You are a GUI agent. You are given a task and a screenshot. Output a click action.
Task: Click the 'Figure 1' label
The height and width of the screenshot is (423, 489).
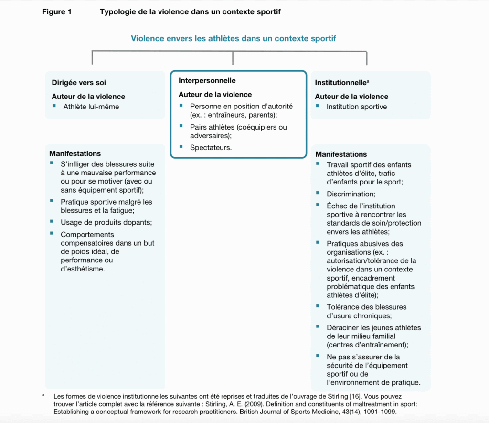point(57,12)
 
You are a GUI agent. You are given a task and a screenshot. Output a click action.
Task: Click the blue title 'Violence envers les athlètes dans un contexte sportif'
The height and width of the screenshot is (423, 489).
point(237,38)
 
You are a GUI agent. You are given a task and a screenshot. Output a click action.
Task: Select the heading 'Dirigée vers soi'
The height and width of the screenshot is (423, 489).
point(79,83)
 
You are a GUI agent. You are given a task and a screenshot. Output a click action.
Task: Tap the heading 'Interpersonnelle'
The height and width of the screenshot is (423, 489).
point(207,80)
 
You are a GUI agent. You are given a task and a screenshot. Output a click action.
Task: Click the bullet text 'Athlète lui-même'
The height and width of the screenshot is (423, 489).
point(91,107)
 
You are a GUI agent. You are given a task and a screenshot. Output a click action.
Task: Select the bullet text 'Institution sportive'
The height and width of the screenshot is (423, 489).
point(357,107)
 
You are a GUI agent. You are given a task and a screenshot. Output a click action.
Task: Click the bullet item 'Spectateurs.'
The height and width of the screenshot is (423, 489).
point(211,147)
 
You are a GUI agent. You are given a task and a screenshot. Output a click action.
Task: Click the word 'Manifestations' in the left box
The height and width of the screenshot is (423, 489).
point(75,153)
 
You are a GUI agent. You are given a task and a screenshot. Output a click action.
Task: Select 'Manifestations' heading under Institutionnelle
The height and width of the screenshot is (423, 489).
point(341,154)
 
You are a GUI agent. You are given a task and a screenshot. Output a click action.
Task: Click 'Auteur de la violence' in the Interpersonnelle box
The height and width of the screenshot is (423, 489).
point(215,94)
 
